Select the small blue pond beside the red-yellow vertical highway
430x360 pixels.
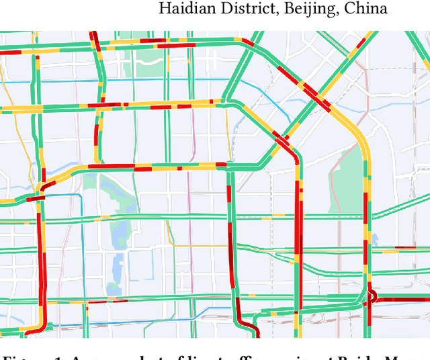pyautogui.click(x=374, y=240)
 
